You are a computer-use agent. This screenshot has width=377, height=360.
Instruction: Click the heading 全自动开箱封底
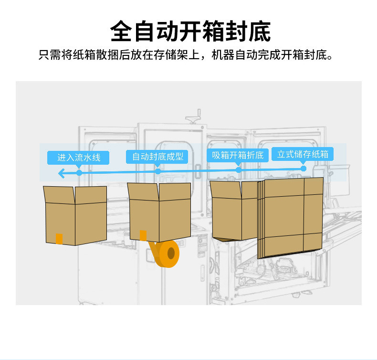click(x=189, y=31)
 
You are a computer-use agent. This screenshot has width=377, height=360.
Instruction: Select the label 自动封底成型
click(x=157, y=157)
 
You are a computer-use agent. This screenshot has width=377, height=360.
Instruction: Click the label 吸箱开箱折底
click(x=238, y=155)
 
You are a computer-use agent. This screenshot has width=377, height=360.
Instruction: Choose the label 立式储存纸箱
click(x=303, y=154)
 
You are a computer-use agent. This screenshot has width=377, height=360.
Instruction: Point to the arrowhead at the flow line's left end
click(x=62, y=173)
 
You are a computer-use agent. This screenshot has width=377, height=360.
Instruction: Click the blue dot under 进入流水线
click(x=79, y=172)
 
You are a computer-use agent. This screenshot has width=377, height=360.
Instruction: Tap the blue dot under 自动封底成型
click(x=157, y=171)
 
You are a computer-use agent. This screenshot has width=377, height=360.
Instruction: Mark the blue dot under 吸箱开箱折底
click(x=238, y=169)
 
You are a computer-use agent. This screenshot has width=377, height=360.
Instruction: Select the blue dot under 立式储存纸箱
click(x=303, y=168)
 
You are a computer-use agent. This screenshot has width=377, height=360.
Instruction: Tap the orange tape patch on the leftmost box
click(x=59, y=238)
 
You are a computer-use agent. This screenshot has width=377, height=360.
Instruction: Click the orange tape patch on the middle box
click(x=143, y=235)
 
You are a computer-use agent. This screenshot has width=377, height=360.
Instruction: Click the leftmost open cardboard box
click(x=75, y=215)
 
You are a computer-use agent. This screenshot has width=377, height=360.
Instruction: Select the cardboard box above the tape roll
click(x=160, y=212)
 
